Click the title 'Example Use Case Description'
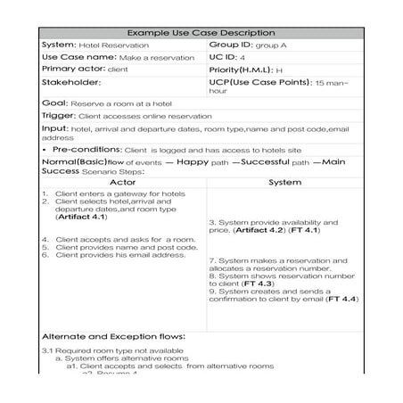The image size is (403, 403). [x=201, y=33]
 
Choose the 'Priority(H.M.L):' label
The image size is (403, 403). [x=241, y=70]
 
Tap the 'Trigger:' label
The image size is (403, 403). [x=59, y=116]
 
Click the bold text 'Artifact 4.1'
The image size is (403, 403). [x=82, y=217]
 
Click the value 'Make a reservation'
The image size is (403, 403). [x=157, y=58]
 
